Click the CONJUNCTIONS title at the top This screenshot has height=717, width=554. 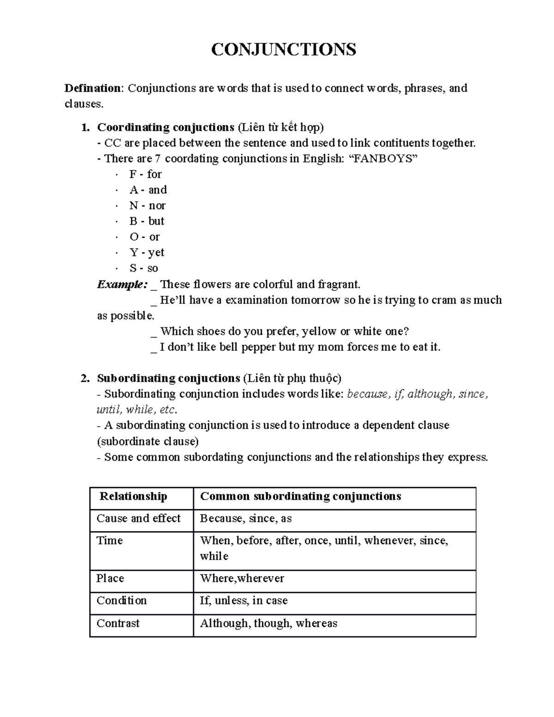click(x=283, y=49)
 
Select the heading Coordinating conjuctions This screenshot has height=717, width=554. click(x=166, y=127)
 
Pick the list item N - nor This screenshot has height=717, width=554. click(x=147, y=206)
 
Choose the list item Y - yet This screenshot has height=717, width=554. click(x=147, y=253)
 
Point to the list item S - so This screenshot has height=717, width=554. click(x=144, y=269)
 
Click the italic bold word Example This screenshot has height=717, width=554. click(x=122, y=284)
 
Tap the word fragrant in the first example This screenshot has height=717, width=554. click(x=338, y=284)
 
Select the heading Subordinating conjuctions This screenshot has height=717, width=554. click(x=168, y=379)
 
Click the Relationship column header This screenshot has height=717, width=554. click(x=133, y=497)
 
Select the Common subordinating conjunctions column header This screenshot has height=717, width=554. click(x=300, y=497)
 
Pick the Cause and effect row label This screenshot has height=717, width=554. click(x=138, y=519)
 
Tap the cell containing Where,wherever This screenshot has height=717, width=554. click(x=241, y=579)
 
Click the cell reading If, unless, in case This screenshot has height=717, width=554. click(x=243, y=601)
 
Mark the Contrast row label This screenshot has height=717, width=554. click(x=118, y=624)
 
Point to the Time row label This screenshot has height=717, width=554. click(x=109, y=541)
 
